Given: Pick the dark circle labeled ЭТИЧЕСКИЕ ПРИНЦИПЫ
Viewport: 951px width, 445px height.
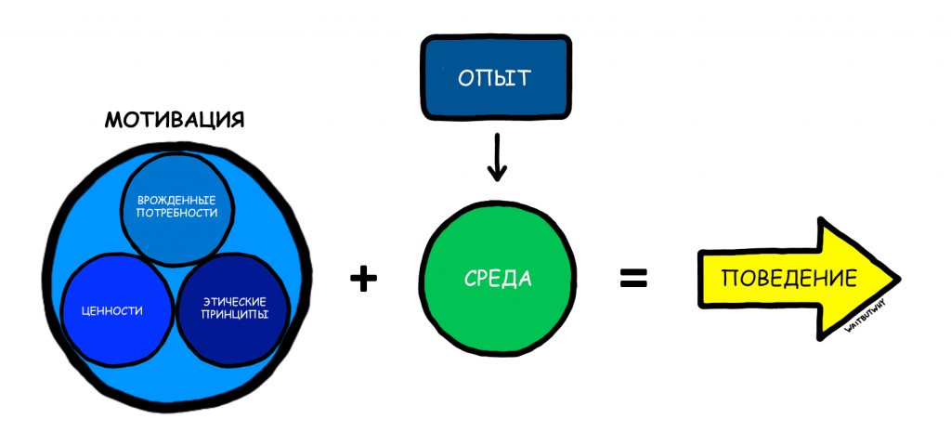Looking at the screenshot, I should (x=233, y=309).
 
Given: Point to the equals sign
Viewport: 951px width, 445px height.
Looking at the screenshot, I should (x=633, y=278).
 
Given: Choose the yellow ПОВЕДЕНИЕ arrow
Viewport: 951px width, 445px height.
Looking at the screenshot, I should (x=789, y=279).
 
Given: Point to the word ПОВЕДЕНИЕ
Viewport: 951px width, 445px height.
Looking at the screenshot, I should (x=788, y=279).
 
